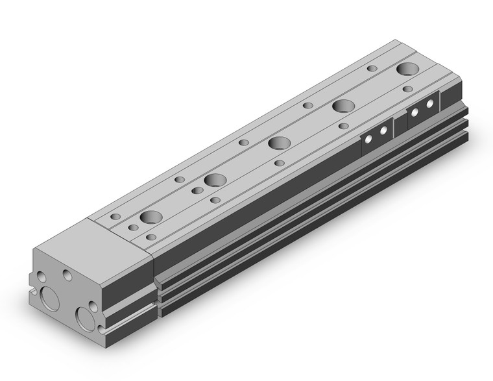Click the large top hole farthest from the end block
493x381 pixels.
click(409, 69)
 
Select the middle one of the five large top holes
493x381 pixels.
click(280, 143)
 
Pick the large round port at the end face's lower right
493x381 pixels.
click(86, 319)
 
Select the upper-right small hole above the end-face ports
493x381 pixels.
click(67, 275)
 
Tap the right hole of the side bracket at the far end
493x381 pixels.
click(429, 104)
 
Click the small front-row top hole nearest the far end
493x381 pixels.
click(407, 89)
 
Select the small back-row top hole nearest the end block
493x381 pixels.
click(116, 216)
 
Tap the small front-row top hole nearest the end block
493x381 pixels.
click(151, 238)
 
